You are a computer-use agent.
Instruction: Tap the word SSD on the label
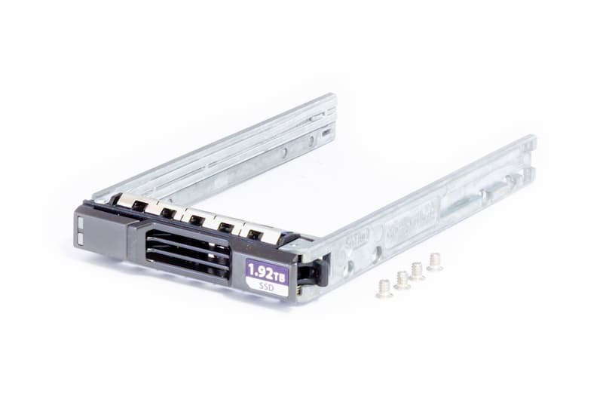pyautogui.click(x=268, y=287)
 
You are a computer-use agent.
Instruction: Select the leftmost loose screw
pyautogui.click(x=384, y=288)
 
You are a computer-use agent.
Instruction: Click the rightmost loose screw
pyautogui.click(x=435, y=262)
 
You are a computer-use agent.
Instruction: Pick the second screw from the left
pyautogui.click(x=403, y=280)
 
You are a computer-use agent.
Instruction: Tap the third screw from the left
pyautogui.click(x=417, y=271)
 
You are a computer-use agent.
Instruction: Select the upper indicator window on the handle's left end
pyautogui.click(x=79, y=223)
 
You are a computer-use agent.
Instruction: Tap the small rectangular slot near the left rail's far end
pyautogui.click(x=326, y=133)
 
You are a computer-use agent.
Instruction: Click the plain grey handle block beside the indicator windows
pyautogui.click(x=106, y=234)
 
